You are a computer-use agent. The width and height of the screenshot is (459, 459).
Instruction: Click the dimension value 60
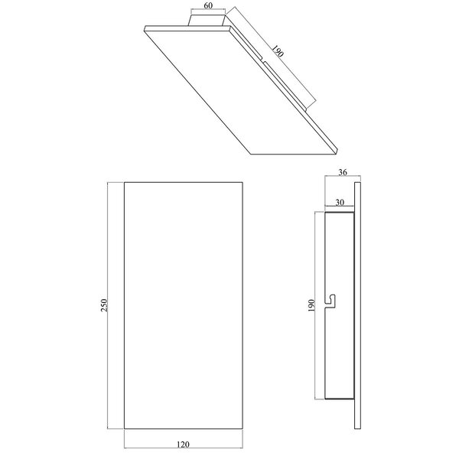coord(208,4)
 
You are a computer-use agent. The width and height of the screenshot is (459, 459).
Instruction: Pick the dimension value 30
coord(339,203)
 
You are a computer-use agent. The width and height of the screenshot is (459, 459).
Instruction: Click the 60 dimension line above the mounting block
coord(208,10)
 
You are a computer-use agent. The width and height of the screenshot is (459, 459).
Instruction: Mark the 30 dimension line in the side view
coord(339,209)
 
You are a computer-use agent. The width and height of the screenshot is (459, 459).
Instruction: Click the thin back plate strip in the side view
coord(356,306)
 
